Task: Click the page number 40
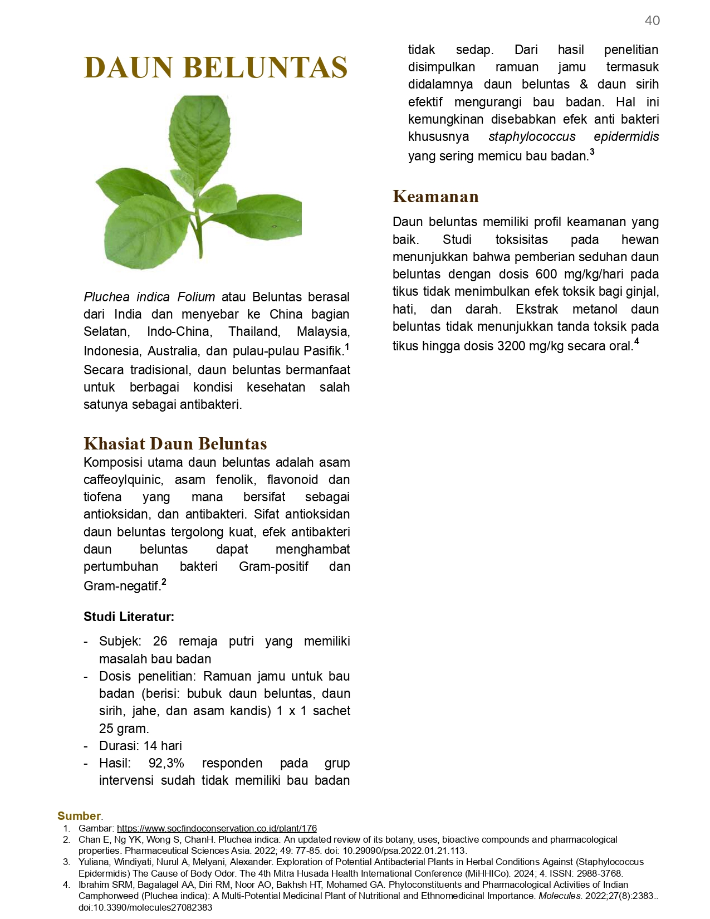tap(652, 21)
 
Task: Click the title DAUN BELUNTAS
tap(216, 67)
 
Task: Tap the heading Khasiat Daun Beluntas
tap(175, 443)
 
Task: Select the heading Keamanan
tap(435, 197)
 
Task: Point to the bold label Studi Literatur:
tap(129, 617)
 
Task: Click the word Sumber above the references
tap(79, 816)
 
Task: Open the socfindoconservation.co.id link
tap(217, 828)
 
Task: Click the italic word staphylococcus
tap(532, 136)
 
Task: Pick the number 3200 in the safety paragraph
tap(511, 346)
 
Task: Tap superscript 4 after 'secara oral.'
tap(636, 341)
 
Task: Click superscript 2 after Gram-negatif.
tap(164, 582)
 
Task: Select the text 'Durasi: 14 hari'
tap(140, 746)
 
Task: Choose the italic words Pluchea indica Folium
tap(149, 297)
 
